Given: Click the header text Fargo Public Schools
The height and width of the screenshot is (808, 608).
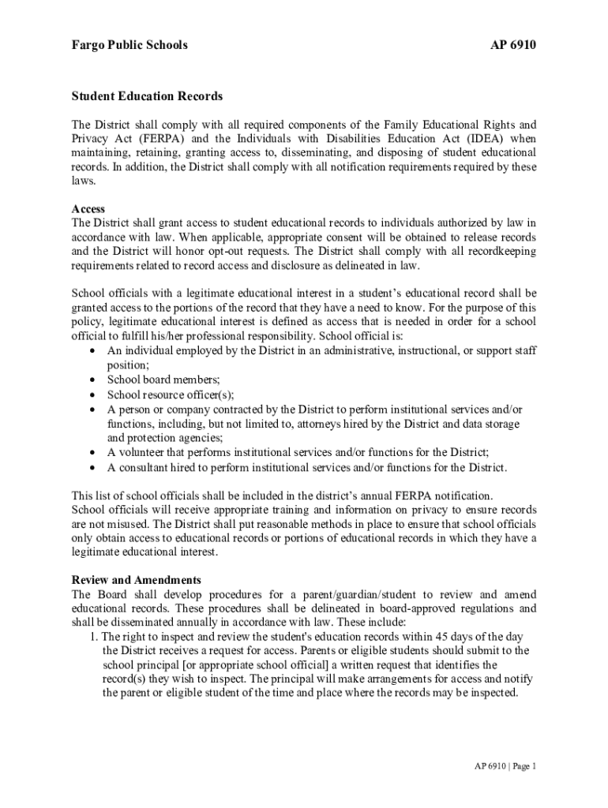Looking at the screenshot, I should [129, 45].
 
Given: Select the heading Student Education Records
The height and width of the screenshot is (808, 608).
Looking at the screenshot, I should [147, 96].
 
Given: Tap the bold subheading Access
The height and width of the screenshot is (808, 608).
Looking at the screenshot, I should [88, 209].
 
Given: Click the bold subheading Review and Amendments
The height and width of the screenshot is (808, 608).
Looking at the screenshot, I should [136, 580].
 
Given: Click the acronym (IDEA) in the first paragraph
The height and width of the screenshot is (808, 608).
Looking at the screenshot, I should [471, 139].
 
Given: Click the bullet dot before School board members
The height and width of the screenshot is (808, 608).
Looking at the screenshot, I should [94, 380].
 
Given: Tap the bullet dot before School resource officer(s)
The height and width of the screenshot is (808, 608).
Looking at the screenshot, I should [94, 395].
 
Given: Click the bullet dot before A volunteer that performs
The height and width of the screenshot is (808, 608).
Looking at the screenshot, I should [94, 453].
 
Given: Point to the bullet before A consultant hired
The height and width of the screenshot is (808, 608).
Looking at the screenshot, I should [94, 468].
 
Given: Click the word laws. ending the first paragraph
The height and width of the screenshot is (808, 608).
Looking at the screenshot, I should [84, 181].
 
